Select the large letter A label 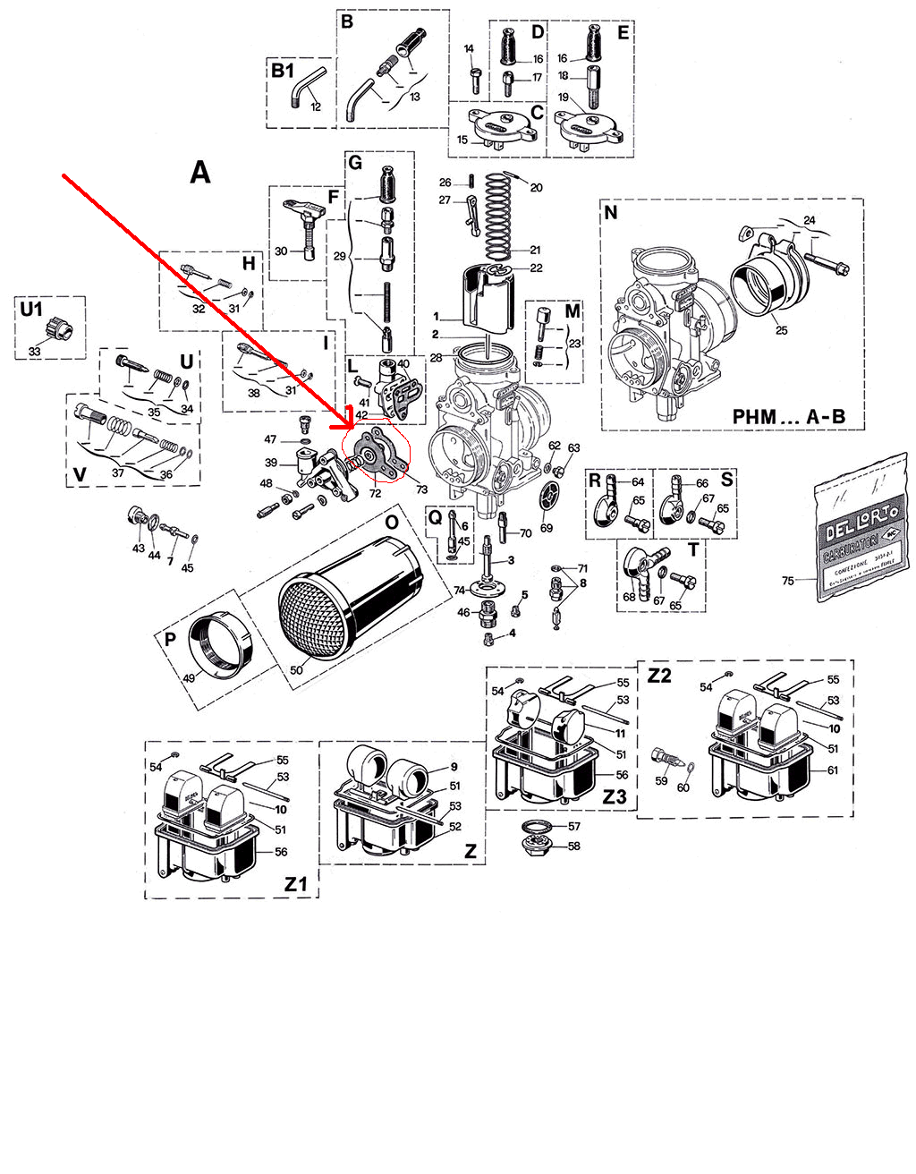pyautogui.click(x=200, y=172)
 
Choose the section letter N pyautogui.click(x=611, y=213)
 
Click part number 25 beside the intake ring pyautogui.click(x=781, y=330)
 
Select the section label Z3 pyautogui.click(x=614, y=795)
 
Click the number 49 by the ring pyautogui.click(x=190, y=677)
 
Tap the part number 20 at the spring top pyautogui.click(x=536, y=188)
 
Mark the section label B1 pyautogui.click(x=283, y=70)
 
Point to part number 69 pyautogui.click(x=547, y=528)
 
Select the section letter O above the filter pyautogui.click(x=391, y=522)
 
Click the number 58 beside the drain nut pyautogui.click(x=574, y=846)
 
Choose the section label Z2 pyautogui.click(x=658, y=676)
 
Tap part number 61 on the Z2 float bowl pyautogui.click(x=833, y=770)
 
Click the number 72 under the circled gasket pyautogui.click(x=375, y=493)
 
